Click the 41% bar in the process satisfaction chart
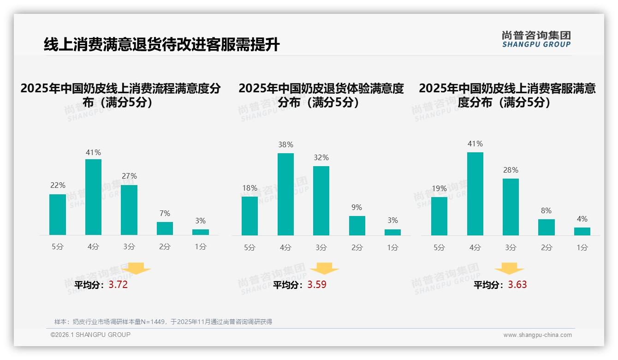93,197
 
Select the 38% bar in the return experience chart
285,194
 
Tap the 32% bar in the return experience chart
321,201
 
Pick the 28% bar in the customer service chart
511,207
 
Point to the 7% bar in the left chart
165,228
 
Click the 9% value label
357,208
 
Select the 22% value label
58,186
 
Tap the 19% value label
439,188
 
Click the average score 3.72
118,285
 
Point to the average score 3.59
317,285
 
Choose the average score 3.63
517,285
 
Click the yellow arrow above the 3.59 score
324,269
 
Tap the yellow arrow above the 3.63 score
509,269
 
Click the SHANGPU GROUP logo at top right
536,39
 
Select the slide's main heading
161,45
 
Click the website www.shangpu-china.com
537,335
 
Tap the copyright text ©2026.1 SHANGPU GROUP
90,335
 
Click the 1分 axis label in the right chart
582,247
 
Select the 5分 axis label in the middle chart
250,247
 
